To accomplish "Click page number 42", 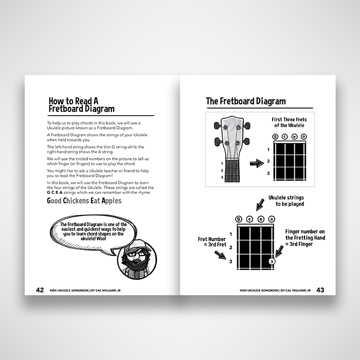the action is [x=40, y=290].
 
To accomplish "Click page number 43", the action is [x=320, y=290].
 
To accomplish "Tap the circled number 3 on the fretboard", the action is [x=272, y=261].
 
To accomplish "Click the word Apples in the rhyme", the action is [x=112, y=201].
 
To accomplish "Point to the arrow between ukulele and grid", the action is [x=257, y=164].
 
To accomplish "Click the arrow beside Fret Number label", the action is [x=220, y=255].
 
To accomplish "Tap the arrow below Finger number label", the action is [x=279, y=251].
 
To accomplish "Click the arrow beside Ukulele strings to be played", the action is [x=260, y=204].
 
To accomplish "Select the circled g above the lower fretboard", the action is [x=239, y=219].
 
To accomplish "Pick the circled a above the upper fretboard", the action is [x=303, y=137].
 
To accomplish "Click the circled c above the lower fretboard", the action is [x=249, y=219].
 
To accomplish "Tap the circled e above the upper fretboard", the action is [x=294, y=137].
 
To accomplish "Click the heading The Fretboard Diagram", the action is [x=246, y=101].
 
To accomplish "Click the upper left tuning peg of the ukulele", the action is [x=217, y=125].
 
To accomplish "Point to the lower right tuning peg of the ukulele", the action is [x=247, y=141].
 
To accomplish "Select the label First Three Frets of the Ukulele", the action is [x=289, y=122].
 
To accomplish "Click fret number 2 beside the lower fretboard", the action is [x=231, y=247].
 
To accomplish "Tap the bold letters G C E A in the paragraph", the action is [x=55, y=192].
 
